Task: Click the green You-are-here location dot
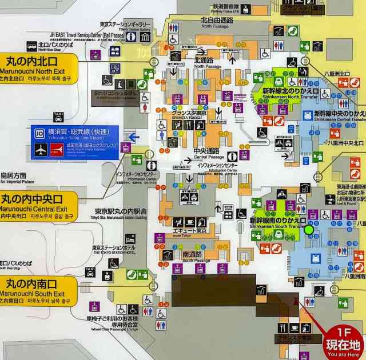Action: point(309,230)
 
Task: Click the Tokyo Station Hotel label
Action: point(114,250)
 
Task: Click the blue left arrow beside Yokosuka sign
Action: point(132,137)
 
